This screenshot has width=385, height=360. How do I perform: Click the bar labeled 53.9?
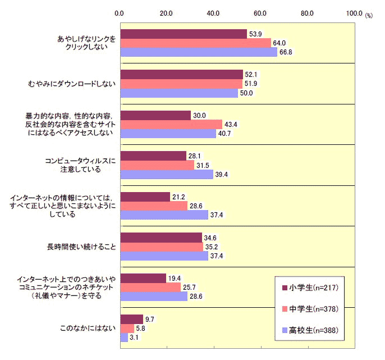(184, 34)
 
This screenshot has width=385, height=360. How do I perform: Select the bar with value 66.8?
(199, 52)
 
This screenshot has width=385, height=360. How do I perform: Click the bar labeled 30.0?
(155, 115)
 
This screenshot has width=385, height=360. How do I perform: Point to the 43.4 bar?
(171, 125)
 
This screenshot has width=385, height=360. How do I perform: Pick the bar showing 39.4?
(167, 175)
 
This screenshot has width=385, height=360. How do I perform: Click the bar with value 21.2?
(145, 197)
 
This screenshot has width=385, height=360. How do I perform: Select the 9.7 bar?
(132, 318)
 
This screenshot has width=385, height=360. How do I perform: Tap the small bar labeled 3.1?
(124, 338)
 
